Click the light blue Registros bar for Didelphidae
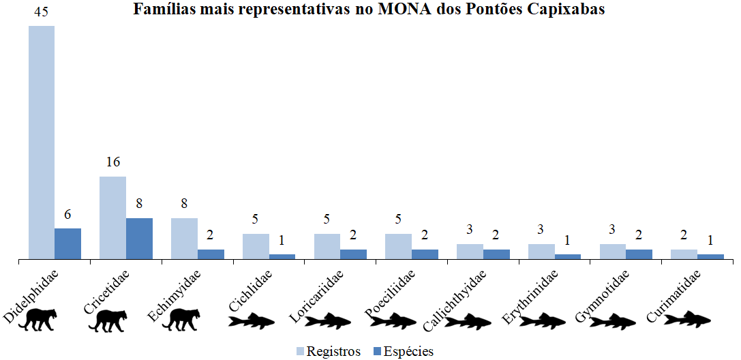point(41,142)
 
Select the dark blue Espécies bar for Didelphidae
point(67,243)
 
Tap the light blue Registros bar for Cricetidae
point(112,217)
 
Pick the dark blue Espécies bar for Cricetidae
point(139,239)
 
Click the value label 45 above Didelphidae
point(41,12)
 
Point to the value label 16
point(112,162)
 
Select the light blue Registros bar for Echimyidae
point(184,239)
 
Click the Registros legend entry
point(328,351)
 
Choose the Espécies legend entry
point(403,351)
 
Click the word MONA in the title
point(428,11)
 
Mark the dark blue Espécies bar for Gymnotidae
point(639,254)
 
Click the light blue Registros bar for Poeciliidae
point(398,246)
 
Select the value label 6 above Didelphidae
point(67,214)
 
